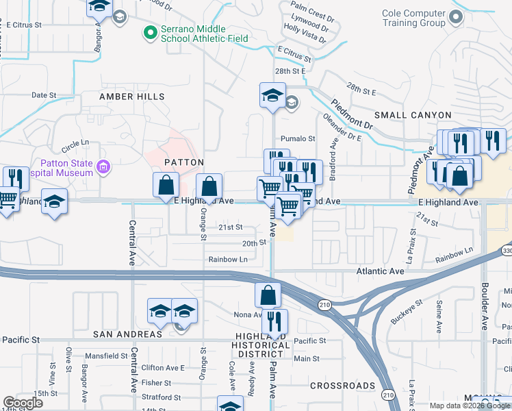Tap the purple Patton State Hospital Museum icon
click(x=103, y=166)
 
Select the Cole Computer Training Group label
click(x=404, y=18)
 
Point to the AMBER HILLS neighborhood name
click(x=132, y=97)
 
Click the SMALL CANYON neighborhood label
click(x=412, y=115)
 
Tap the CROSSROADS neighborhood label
click(x=340, y=386)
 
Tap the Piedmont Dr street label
click(x=352, y=116)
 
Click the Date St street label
click(x=42, y=95)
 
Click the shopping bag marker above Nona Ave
click(x=268, y=295)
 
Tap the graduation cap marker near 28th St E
click(x=272, y=95)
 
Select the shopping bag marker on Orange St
click(x=209, y=186)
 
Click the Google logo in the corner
click(x=23, y=403)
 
